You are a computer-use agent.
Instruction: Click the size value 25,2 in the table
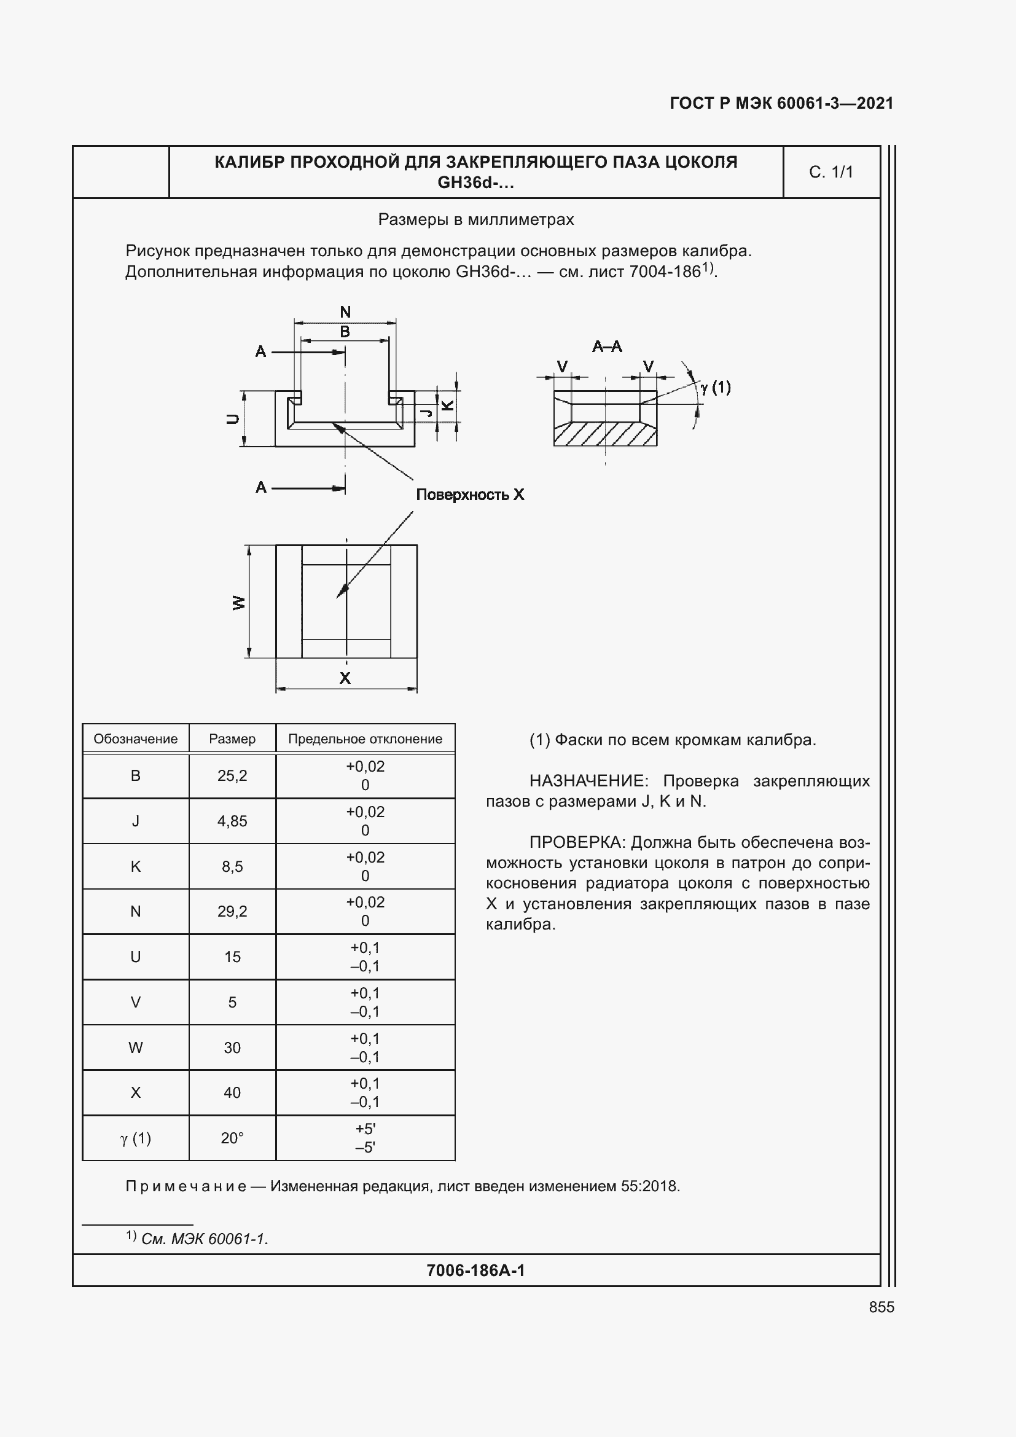tap(232, 775)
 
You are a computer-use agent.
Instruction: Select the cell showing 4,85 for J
tap(232, 821)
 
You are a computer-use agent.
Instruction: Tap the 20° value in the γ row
tap(232, 1138)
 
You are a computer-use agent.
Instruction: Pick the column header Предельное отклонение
tap(365, 738)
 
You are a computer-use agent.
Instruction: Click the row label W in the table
tap(135, 1047)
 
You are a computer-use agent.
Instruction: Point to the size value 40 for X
tap(232, 1092)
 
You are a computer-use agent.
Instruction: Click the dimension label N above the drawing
tap(345, 311)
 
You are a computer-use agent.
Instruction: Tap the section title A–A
tap(606, 346)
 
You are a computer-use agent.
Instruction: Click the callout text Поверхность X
tap(470, 495)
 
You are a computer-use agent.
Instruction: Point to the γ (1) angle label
tap(716, 388)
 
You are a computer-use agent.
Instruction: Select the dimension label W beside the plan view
tap(238, 603)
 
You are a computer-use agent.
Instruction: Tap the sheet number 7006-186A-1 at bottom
tap(475, 1270)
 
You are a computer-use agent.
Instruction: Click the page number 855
tap(881, 1307)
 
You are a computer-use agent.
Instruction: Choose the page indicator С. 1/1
tap(831, 172)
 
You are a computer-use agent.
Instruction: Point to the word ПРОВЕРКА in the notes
tap(576, 842)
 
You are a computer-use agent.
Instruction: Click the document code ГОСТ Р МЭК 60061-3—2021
tap(781, 103)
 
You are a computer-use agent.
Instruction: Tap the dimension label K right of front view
tap(448, 405)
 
